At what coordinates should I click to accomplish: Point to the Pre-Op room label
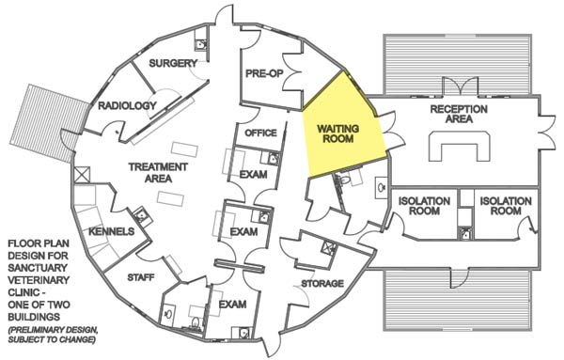(x=264, y=72)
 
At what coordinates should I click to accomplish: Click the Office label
(x=260, y=133)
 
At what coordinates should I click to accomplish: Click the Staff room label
(x=141, y=277)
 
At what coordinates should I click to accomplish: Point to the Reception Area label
(x=458, y=116)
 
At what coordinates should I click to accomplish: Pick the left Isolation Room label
(x=425, y=206)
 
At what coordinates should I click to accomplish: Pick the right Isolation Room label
(x=499, y=206)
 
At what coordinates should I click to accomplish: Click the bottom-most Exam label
(x=232, y=305)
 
